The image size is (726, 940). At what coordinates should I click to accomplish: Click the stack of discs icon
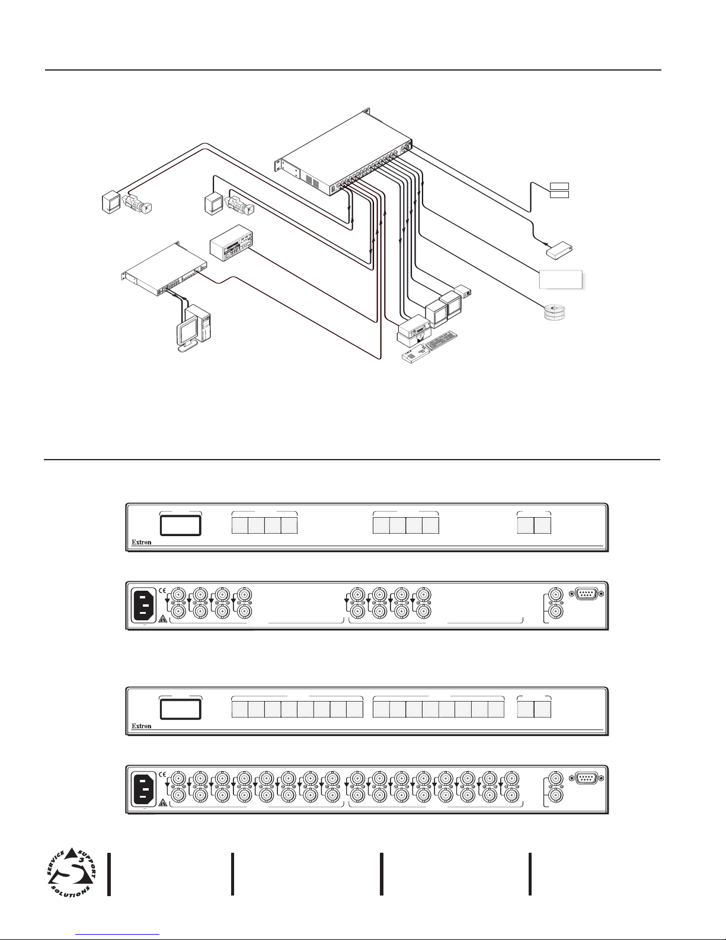(x=555, y=313)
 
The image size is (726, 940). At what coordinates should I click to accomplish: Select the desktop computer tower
(x=199, y=323)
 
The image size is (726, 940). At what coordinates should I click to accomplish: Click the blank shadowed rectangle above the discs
(x=561, y=279)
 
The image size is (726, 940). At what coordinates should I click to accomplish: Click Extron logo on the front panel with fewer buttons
(x=141, y=543)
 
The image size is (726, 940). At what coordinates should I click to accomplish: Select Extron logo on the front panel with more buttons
(x=141, y=726)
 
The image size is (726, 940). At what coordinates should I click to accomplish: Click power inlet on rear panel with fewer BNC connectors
(x=145, y=606)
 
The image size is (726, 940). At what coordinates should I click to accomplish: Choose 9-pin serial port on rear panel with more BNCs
(x=587, y=776)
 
